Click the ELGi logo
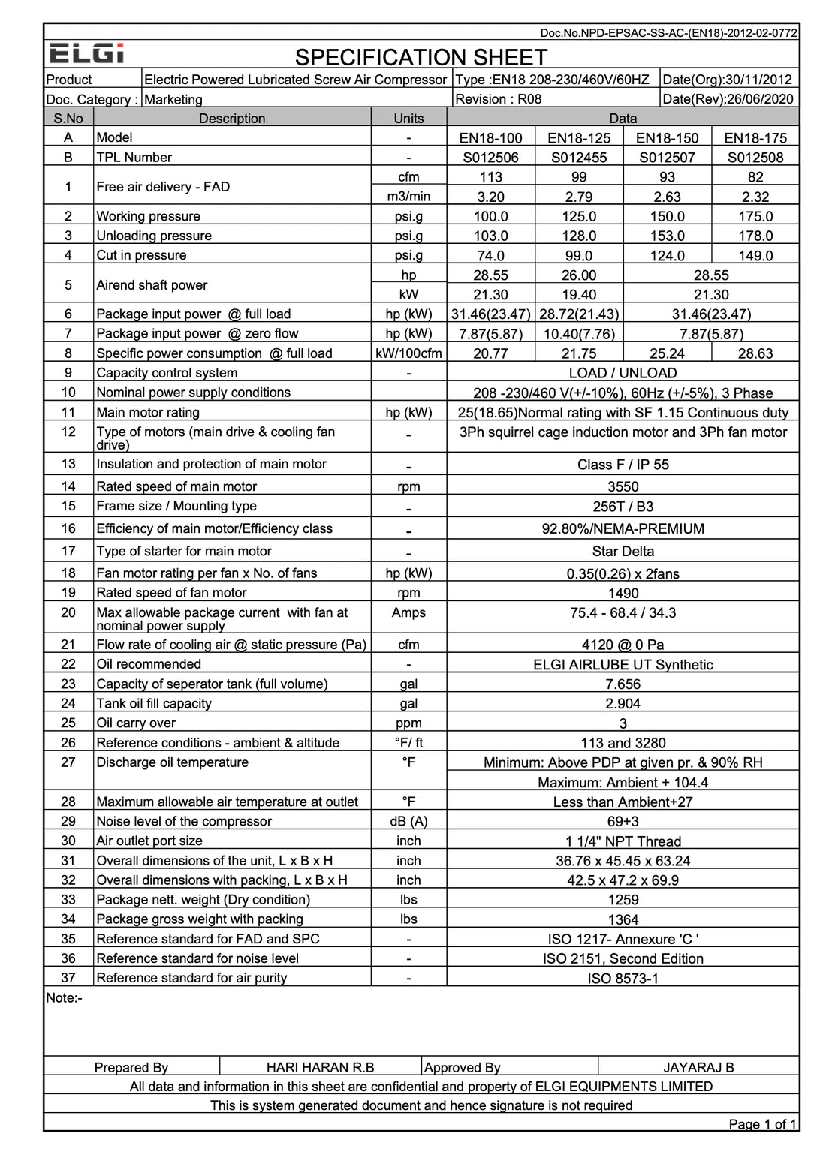pos(86,54)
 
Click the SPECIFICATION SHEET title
pos(421,57)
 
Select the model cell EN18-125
pos(579,138)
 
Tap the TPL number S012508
pos(755,158)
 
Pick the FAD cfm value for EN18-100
pos(490,177)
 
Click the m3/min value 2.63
pos(667,197)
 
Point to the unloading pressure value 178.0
pos(755,236)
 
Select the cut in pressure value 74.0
pos(490,256)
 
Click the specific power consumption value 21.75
pos(579,353)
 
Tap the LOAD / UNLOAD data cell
pos(623,373)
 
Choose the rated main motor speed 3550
pos(623,486)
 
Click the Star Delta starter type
pos(623,551)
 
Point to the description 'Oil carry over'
pos(136,723)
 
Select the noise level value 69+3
pos(623,821)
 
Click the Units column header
pos(408,118)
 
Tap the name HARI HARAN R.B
pos(320,1067)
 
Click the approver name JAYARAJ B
pos(698,1067)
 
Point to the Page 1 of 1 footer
pos(761,1123)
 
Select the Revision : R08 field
pos(498,99)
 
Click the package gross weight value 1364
pos(623,919)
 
